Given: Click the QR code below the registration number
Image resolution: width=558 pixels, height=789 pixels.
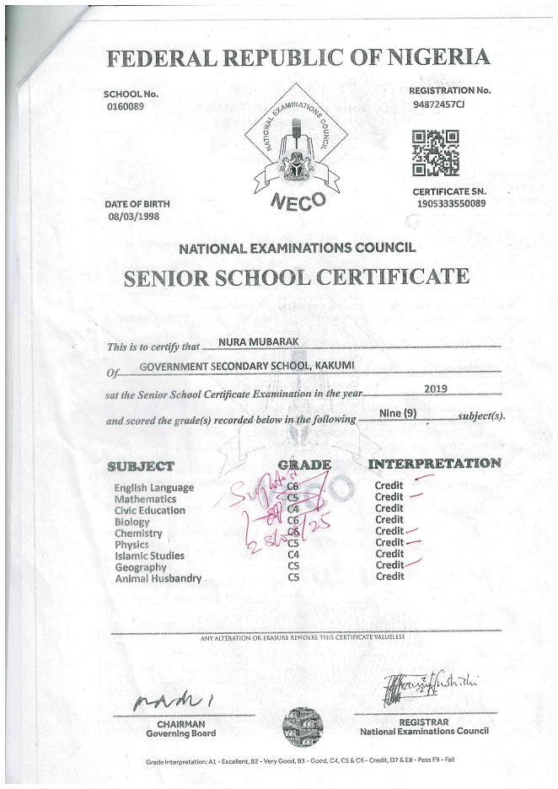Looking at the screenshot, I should [x=435, y=153].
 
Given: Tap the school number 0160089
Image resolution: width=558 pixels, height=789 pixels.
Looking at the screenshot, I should [x=125, y=107].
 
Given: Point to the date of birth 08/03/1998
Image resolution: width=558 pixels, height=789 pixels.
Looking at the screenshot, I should [x=133, y=217].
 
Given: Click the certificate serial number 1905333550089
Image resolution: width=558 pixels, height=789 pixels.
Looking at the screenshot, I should [x=449, y=203].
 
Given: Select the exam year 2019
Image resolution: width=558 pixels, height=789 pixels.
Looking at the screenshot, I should [x=436, y=389].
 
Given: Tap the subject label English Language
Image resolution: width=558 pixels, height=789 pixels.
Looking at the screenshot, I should [x=154, y=488].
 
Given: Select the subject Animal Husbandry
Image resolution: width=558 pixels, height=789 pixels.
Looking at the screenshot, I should [x=158, y=578].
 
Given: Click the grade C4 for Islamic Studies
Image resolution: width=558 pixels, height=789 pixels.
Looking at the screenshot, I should [x=294, y=556].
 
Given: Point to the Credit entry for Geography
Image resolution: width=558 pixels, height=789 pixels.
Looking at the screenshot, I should [x=389, y=566].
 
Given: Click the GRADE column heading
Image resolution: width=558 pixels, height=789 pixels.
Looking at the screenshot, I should [x=303, y=465].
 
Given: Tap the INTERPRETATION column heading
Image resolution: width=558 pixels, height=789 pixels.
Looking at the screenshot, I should [x=434, y=464].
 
